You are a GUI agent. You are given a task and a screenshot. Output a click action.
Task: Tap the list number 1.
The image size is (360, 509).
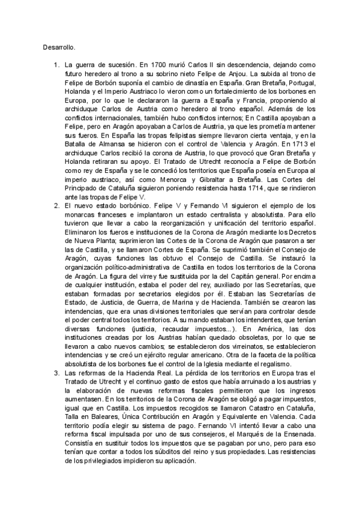click(x=56, y=64)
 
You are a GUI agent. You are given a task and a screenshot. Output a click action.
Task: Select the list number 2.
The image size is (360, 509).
click(x=56, y=206)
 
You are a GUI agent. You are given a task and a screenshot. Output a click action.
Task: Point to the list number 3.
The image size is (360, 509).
click(x=56, y=373)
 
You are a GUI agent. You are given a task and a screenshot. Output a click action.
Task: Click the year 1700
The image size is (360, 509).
click(x=163, y=64)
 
